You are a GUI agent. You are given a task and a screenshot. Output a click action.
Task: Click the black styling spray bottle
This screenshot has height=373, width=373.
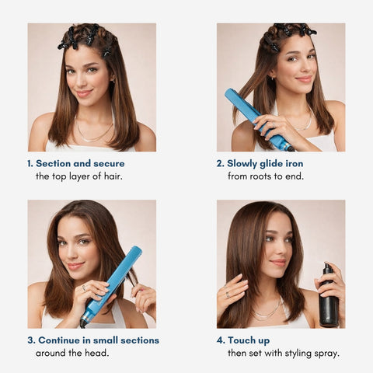point(328,298)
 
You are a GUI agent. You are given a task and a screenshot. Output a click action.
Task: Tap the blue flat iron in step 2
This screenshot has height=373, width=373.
point(258,119)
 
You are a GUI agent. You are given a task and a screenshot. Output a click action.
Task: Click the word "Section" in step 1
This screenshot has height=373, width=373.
point(53,163)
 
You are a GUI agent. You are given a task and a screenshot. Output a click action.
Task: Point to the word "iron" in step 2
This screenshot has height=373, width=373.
point(295,163)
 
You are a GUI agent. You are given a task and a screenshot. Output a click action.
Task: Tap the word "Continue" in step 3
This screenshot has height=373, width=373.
point(59,340)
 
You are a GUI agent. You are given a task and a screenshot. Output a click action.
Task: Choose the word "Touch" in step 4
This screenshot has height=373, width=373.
point(239,340)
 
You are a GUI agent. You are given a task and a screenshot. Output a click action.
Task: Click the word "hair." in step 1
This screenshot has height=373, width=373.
point(113,176)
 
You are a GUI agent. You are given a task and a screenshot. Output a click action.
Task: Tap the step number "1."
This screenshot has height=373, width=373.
point(30,163)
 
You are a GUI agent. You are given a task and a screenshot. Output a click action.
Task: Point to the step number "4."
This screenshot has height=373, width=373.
point(221,340)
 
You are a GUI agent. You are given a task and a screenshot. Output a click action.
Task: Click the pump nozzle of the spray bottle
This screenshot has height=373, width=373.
point(328,267)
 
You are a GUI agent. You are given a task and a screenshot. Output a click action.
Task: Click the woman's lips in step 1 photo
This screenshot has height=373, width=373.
point(84,92)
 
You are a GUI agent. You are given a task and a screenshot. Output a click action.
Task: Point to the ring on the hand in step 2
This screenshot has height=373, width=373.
point(274,125)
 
